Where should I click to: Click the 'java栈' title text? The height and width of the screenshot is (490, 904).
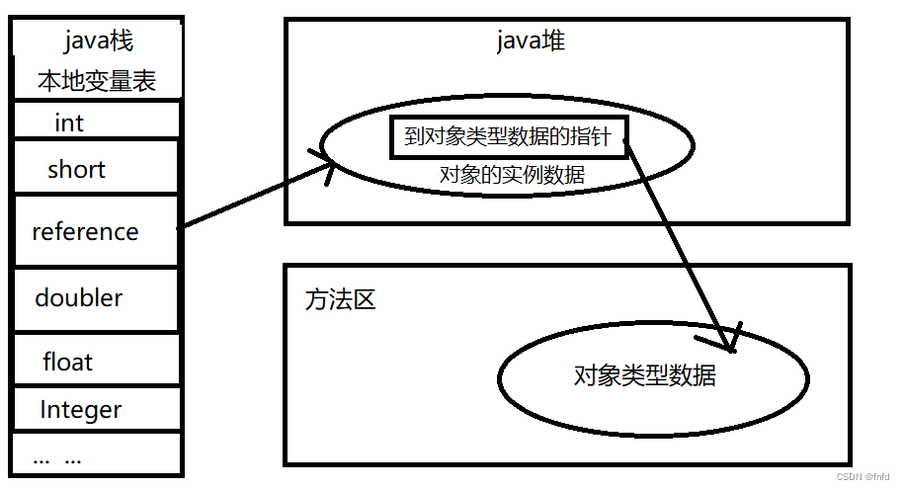click(x=98, y=41)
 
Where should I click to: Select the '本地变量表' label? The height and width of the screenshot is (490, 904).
click(x=97, y=80)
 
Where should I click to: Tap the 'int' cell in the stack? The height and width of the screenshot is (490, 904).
click(x=69, y=123)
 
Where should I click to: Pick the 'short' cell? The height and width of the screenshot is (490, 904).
click(x=76, y=169)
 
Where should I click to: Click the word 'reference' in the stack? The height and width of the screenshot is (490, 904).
click(x=85, y=232)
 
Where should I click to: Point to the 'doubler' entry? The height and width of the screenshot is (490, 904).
click(x=79, y=297)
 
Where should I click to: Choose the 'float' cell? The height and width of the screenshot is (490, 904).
click(x=67, y=362)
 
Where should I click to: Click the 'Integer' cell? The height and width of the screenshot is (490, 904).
click(x=81, y=409)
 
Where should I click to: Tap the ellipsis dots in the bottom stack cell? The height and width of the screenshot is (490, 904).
click(x=57, y=458)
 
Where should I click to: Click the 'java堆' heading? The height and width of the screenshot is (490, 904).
click(x=531, y=41)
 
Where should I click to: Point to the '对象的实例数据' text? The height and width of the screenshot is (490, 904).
click(x=512, y=176)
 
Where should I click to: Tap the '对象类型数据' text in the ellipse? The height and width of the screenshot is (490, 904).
click(x=645, y=375)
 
